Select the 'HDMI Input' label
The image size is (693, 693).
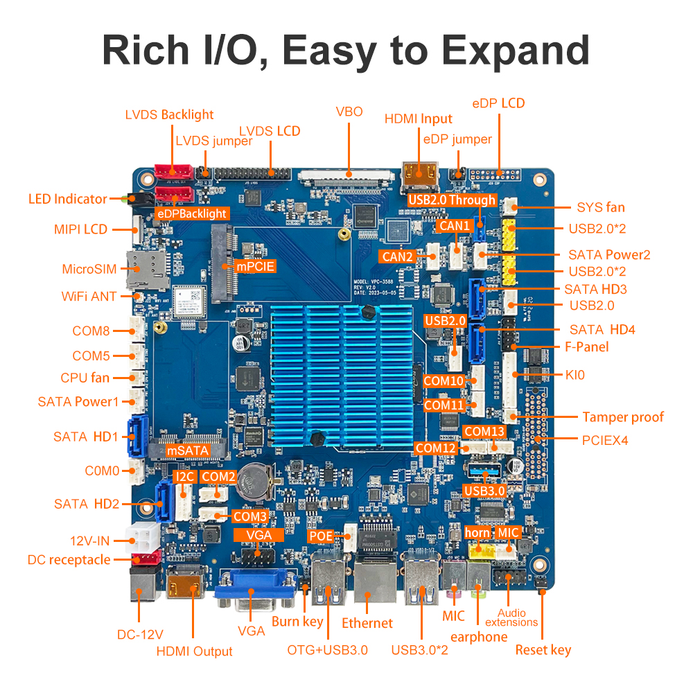[x=418, y=119]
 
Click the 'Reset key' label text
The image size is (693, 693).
[x=543, y=649]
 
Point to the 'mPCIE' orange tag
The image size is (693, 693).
[x=256, y=265]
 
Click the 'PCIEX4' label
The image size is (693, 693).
[x=604, y=439]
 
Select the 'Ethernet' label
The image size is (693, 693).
[x=367, y=623]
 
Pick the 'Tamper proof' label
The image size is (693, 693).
[x=622, y=416]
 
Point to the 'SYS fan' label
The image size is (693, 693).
[x=601, y=207]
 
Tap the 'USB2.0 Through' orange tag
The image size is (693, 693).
[x=452, y=200]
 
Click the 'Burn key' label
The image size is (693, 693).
[x=297, y=621]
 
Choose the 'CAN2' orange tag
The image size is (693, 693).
[x=397, y=256]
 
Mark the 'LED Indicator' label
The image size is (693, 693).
[x=68, y=199]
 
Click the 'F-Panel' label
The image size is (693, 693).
[x=582, y=346]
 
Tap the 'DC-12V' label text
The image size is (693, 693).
[x=140, y=634]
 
